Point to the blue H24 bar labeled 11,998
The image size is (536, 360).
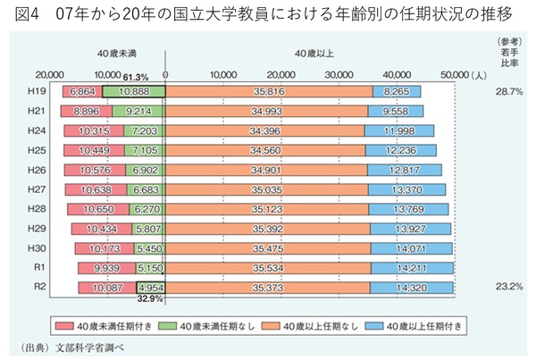[x=399, y=130]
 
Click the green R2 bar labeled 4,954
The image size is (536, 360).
[x=151, y=288]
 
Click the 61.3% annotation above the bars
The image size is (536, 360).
[x=136, y=77]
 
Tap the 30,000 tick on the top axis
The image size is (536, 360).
[x=281, y=76]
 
